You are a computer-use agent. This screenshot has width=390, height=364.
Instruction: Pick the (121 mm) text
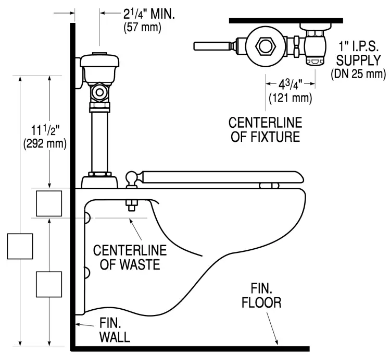pos(291,97)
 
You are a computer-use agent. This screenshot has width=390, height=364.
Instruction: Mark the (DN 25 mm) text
pos(359,75)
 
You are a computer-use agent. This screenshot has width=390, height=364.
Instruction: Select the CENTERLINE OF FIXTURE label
pos(266,130)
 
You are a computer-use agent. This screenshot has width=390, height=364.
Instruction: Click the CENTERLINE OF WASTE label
pos(130,257)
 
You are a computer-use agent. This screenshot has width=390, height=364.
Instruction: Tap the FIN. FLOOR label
pos(264,296)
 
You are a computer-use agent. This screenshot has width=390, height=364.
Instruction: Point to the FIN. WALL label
pos(114,330)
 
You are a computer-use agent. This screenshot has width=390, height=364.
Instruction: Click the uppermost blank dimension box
pos(49,203)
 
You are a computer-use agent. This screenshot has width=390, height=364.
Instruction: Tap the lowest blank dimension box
pos(49,284)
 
